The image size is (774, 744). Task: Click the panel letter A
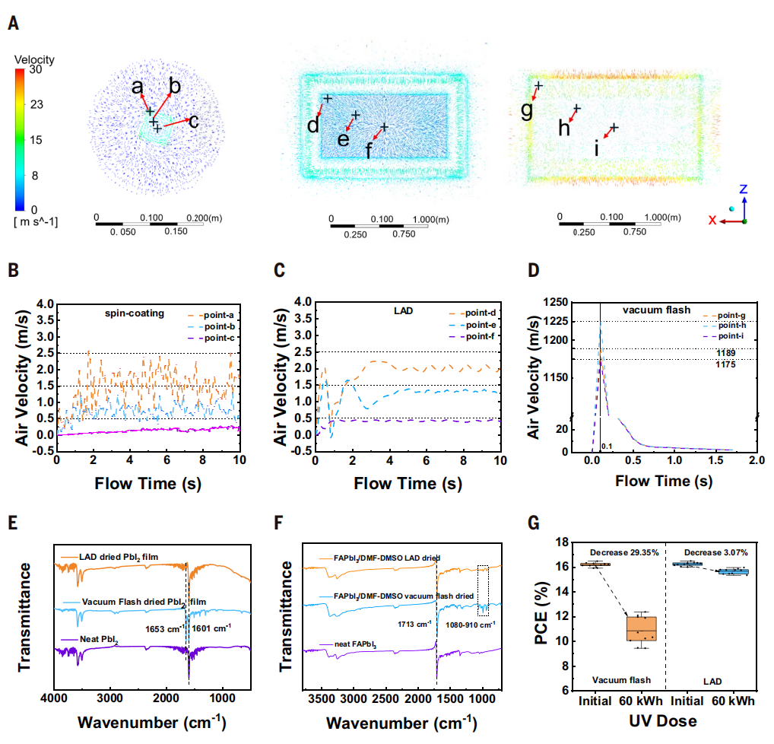point(13,24)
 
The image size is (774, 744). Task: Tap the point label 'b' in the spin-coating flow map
point(174,86)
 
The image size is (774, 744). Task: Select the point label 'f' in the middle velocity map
point(370,150)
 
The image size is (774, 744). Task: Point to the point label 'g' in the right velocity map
point(527,110)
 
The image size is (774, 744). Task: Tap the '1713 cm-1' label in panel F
point(414,624)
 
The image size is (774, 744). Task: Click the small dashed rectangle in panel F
point(484,590)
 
